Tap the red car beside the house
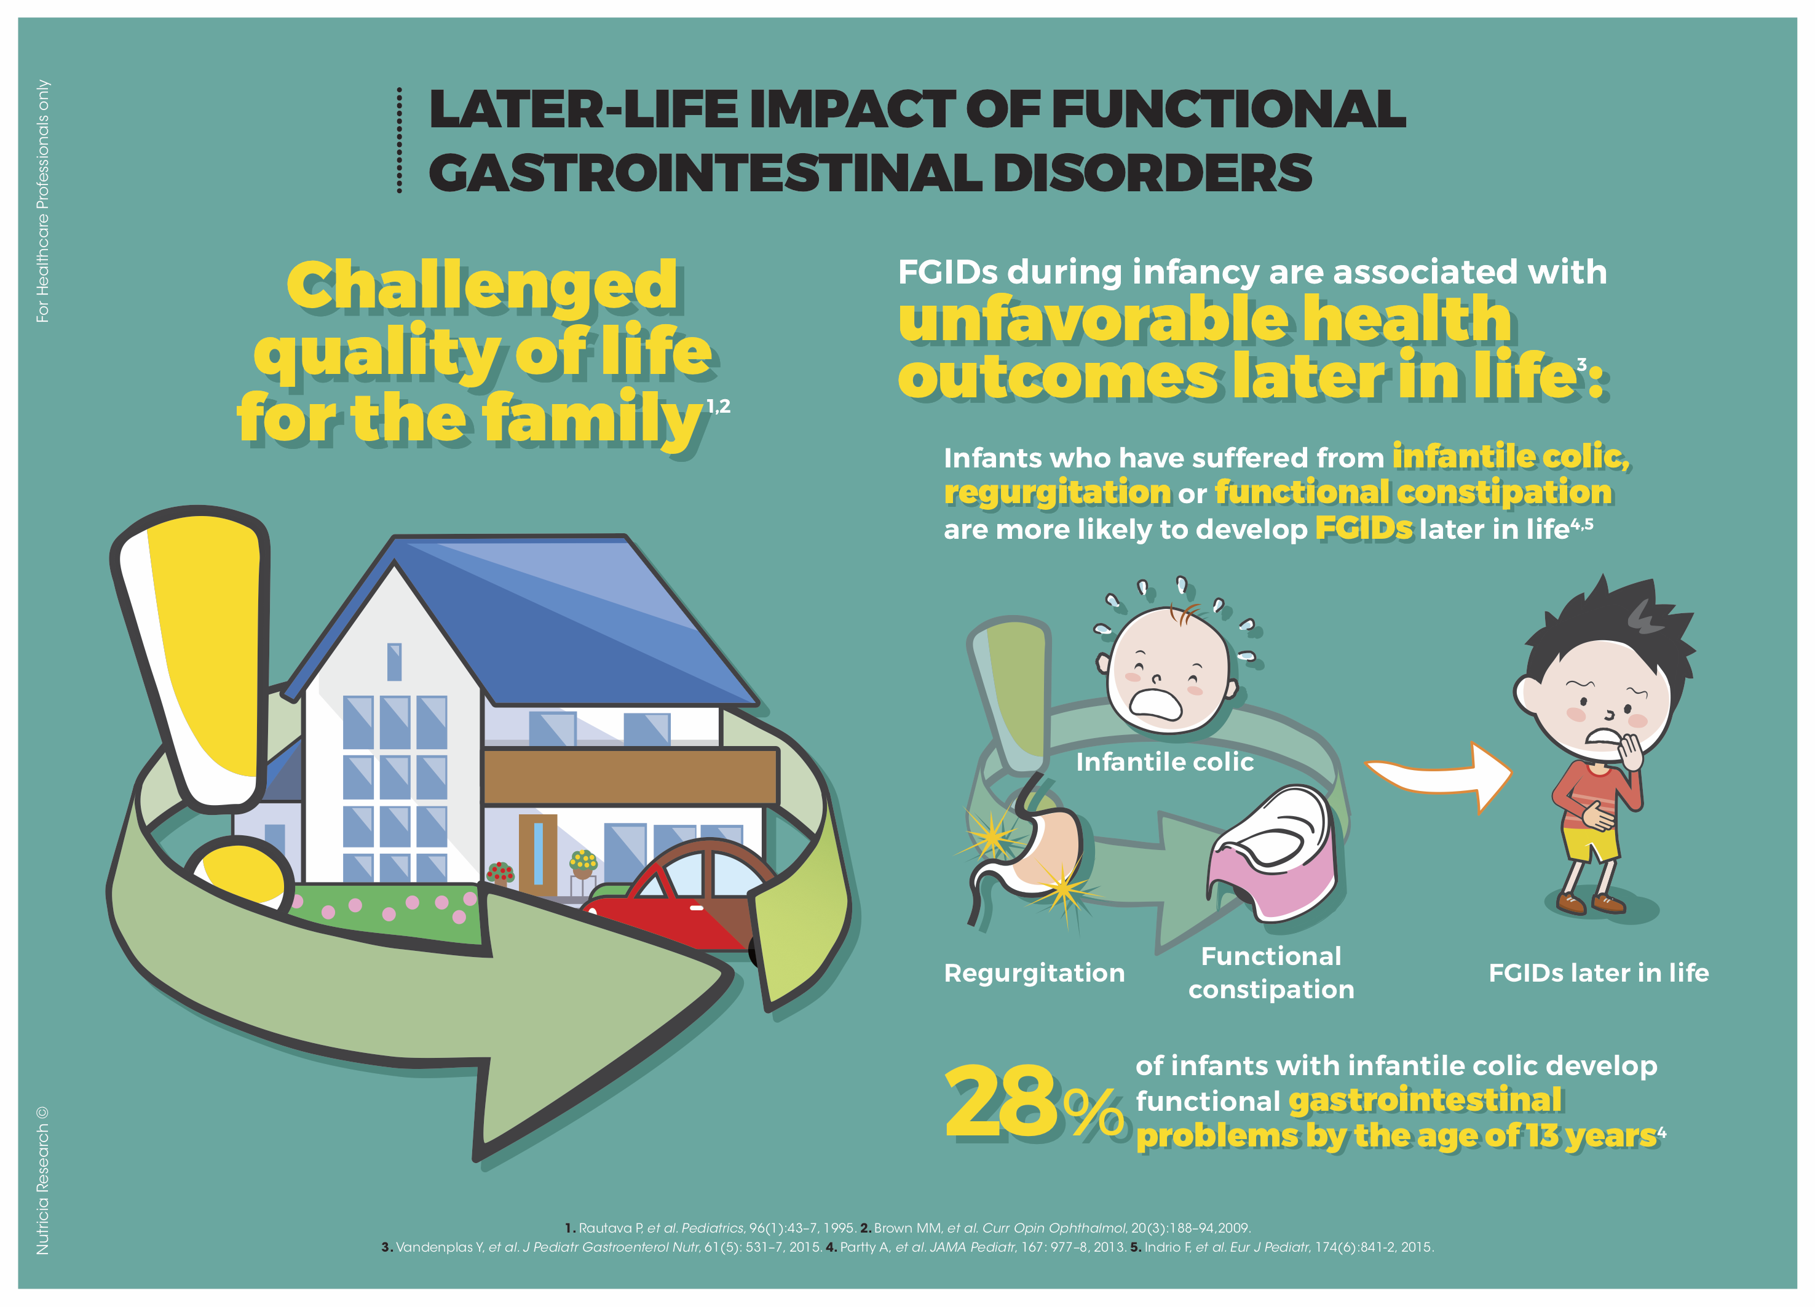[x=676, y=896]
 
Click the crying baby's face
[x=1168, y=669]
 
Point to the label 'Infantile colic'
[x=1165, y=762]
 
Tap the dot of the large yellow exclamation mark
[x=239, y=876]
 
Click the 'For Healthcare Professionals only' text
[x=42, y=201]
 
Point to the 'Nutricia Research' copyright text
[x=42, y=1180]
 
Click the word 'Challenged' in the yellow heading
[x=482, y=287]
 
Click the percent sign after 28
[x=1094, y=1110]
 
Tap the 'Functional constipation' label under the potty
[x=1271, y=972]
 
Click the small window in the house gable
[x=393, y=662]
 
